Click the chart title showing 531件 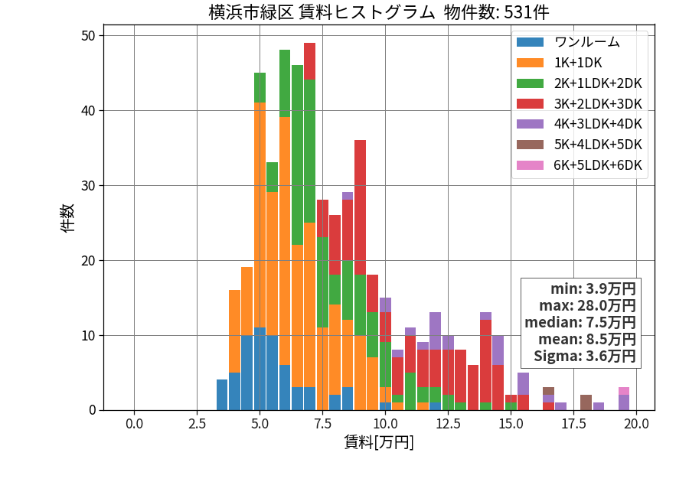click(x=379, y=11)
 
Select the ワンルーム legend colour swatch click(x=530, y=42)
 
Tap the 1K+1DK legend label click(x=578, y=63)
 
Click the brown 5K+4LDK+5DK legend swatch click(x=530, y=145)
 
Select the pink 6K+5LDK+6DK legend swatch click(x=530, y=165)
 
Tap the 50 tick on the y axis click(x=88, y=35)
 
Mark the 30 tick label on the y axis click(x=88, y=186)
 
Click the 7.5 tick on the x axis click(x=322, y=424)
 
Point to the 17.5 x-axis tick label click(x=574, y=424)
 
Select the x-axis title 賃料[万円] click(x=379, y=442)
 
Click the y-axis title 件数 click(x=67, y=218)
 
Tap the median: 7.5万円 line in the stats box click(x=580, y=322)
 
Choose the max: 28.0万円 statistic click(x=587, y=305)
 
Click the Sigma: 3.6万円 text click(x=585, y=356)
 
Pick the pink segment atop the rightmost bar click(x=624, y=391)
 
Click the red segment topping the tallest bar click(x=310, y=61)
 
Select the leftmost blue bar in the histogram click(x=222, y=395)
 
